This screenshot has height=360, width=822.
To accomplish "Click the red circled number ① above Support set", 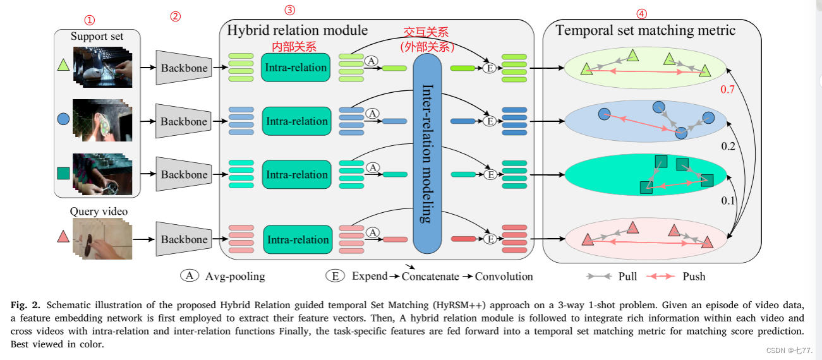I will pos(90,21).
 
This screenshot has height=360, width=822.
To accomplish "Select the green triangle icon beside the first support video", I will pos(63,64).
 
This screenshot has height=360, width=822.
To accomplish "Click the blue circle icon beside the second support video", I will pos(63,119).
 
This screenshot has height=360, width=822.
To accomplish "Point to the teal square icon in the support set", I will pos(63,172).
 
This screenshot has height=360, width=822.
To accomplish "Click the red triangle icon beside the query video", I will pos(63,237).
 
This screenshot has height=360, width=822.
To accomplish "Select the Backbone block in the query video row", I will pos(183,239).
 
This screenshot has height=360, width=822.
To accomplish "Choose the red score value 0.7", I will pos(727,90).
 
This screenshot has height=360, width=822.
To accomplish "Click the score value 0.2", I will pos(728,146).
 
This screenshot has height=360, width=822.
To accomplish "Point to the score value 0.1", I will pos(728,201).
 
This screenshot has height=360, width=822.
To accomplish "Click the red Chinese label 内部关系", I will pos(294,47).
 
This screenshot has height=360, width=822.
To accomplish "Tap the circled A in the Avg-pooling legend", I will pos(189,276).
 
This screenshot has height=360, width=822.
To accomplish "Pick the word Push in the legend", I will pos(694,277).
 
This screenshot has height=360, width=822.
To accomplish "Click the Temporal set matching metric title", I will pos(645,30).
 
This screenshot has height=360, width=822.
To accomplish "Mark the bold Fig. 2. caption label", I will pos(25,306).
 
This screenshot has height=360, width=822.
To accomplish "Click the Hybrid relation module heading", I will pos(297,30).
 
